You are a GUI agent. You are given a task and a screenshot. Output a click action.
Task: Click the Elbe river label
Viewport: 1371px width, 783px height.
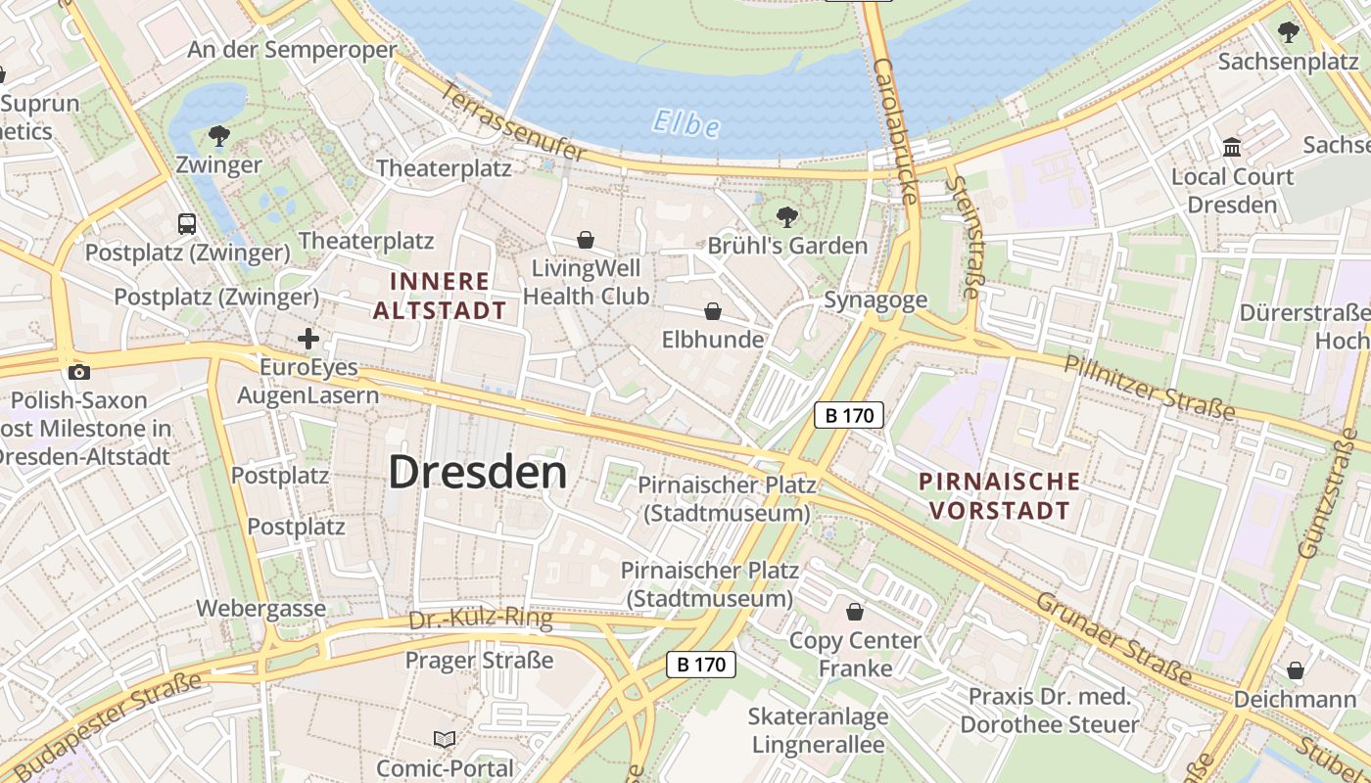point(685,124)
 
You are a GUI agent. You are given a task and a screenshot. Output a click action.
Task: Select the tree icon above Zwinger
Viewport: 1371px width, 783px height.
point(218,136)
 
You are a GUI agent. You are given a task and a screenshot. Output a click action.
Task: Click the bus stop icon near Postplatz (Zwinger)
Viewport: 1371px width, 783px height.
point(187,223)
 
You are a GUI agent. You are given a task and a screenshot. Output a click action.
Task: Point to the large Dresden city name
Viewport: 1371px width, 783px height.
point(478,472)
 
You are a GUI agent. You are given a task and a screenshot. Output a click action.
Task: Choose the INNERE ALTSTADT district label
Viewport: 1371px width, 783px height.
point(440,296)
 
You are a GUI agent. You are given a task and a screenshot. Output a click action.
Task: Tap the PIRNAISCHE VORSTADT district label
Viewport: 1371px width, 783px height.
point(999,495)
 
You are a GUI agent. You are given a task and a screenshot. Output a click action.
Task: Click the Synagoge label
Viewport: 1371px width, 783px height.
point(875,299)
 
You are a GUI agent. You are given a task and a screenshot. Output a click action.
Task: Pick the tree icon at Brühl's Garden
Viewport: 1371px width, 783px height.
point(785,217)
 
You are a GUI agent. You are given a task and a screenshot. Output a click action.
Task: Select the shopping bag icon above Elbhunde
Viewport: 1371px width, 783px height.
point(713,311)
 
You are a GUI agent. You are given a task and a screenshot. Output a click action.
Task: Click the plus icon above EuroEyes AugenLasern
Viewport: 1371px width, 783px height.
point(308,340)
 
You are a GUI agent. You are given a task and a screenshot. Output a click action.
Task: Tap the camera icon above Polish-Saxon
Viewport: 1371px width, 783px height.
point(79,372)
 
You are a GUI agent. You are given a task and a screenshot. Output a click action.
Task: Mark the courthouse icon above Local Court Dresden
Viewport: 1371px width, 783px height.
point(1232,148)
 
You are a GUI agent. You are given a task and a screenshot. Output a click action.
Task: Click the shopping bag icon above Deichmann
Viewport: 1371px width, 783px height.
point(1295,670)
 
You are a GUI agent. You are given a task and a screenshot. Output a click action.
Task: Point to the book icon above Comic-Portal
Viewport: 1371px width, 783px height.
point(445,739)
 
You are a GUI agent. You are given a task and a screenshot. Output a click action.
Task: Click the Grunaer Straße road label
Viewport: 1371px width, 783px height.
point(1113,639)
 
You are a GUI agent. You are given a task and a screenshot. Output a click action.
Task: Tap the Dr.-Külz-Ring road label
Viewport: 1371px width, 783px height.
point(480,619)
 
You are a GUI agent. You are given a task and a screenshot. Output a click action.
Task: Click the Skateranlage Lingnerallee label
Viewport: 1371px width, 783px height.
point(819,730)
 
